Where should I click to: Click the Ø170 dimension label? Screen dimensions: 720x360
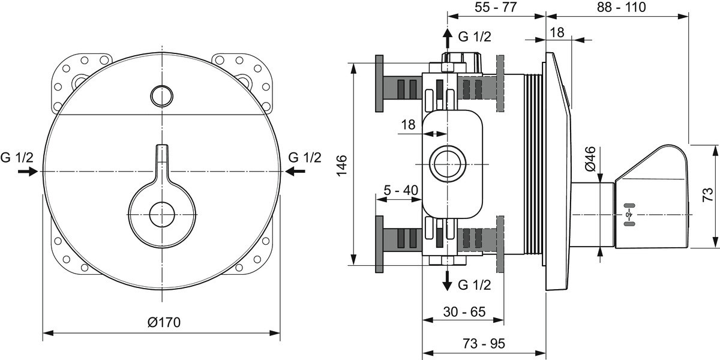point(164,322)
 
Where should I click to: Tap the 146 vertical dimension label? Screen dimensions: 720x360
point(342,165)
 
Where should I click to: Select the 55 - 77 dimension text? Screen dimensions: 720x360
point(496,7)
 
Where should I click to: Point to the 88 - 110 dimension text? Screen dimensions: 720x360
point(622,7)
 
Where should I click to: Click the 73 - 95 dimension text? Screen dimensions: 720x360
point(484,344)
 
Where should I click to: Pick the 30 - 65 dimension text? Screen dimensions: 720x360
point(464,312)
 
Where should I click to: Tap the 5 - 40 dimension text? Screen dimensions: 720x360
point(401,190)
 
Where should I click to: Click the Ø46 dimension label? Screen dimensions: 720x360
point(590,159)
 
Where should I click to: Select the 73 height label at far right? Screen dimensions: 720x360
point(708,195)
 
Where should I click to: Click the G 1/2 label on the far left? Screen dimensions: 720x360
point(17,157)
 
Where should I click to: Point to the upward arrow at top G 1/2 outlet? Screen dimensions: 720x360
point(447,38)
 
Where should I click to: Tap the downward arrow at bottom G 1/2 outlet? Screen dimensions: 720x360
point(447,281)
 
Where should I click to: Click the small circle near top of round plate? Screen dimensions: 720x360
point(161,96)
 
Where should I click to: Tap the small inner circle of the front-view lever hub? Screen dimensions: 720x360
point(162,214)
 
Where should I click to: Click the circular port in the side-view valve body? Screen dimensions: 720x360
point(448,164)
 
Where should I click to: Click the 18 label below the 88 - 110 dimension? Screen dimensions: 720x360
point(557,32)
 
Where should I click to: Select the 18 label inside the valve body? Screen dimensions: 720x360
point(408,124)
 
